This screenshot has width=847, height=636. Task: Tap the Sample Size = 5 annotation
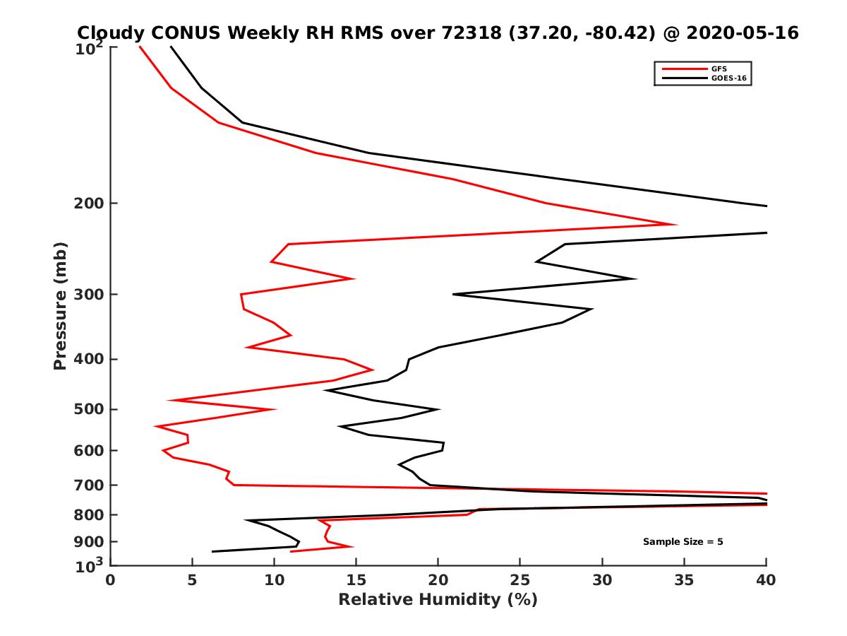[x=683, y=542]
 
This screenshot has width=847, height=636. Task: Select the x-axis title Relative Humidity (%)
[x=438, y=600]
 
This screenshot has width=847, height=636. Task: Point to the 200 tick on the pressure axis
[x=89, y=204]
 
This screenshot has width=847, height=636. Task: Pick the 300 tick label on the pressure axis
[x=89, y=294]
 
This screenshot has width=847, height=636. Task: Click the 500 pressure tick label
[x=89, y=409]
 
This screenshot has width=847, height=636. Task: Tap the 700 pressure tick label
[x=89, y=485]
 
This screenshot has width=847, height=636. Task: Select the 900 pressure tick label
[x=89, y=542]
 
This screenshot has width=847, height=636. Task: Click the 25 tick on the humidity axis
[x=520, y=580]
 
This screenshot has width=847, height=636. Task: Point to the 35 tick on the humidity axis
[x=684, y=580]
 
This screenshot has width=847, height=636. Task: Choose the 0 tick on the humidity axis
[x=111, y=580]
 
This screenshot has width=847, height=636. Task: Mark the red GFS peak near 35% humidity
[x=676, y=225]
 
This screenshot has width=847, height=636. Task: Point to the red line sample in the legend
[x=684, y=69]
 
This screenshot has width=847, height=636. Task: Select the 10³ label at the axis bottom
[x=90, y=565]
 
